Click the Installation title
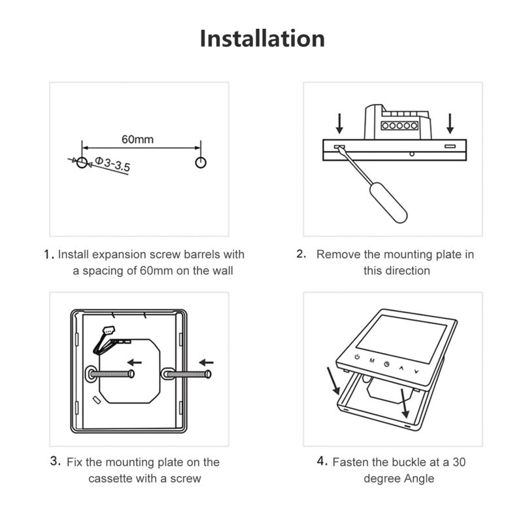tap(261, 38)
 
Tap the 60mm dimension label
tap(137, 139)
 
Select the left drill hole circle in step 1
tap(81, 161)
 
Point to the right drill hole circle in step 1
tap(201, 161)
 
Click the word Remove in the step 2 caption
tap(338, 254)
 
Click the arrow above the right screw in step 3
tap(206, 362)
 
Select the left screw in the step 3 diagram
tap(111, 375)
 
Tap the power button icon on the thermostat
tap(357, 357)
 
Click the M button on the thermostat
tap(371, 361)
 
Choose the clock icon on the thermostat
tap(387, 365)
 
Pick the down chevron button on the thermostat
tap(416, 371)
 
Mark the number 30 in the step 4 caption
tap(459, 462)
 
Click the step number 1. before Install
tap(48, 255)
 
